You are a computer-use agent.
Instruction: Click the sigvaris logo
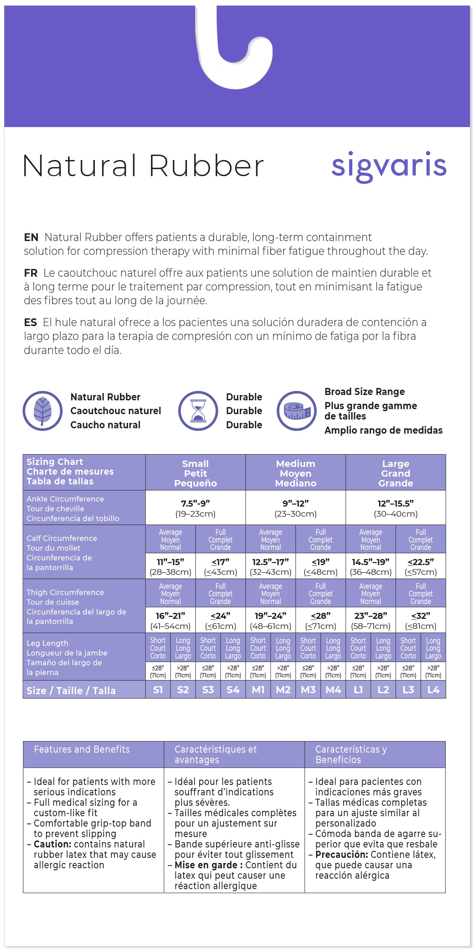click(389, 166)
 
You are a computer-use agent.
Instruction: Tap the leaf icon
click(42, 410)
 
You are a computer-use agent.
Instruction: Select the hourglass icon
click(198, 410)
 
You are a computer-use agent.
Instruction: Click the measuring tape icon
click(296, 410)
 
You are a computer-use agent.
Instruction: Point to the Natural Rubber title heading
click(143, 166)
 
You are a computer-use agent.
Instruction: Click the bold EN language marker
click(31, 237)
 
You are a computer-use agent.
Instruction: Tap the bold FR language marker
click(31, 273)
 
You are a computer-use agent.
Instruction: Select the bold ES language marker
click(30, 322)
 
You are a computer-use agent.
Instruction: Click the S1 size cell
click(158, 689)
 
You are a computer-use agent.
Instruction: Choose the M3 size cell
click(308, 689)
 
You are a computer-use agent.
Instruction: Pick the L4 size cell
click(433, 689)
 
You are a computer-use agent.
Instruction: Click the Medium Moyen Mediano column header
click(295, 473)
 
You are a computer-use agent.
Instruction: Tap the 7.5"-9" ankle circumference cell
click(195, 508)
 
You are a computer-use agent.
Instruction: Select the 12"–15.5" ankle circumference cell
click(396, 508)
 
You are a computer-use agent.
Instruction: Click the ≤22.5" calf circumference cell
click(421, 566)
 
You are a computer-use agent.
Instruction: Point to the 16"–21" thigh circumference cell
click(170, 620)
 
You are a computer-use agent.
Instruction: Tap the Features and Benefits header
click(82, 749)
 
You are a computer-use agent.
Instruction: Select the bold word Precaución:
click(342, 854)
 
